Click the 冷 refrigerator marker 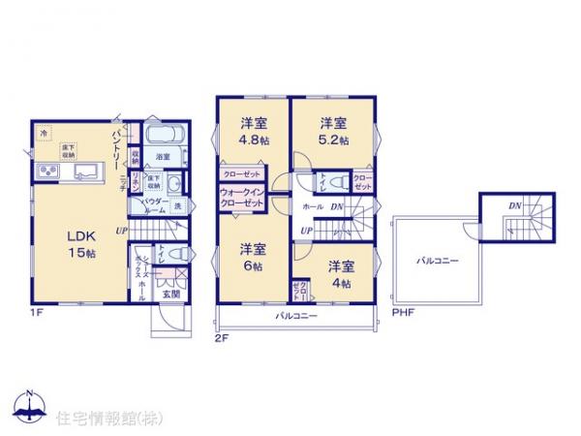45,133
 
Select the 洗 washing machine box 178,206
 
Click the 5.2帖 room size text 335,140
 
